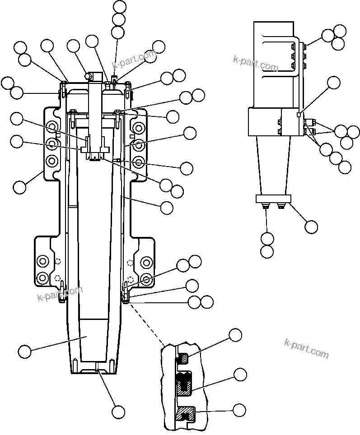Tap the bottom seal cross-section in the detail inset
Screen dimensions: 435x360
pyautogui.click(x=186, y=413)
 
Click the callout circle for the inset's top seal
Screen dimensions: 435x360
pyautogui.click(x=235, y=335)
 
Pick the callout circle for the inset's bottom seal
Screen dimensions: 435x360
pyautogui.click(x=239, y=410)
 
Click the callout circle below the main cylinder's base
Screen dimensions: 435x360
pyautogui.click(x=118, y=411)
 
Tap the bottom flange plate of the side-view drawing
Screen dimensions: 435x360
pyautogui.click(x=274, y=199)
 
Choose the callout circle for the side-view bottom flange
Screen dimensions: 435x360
pyautogui.click(x=311, y=227)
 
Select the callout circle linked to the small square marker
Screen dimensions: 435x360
pyautogui.click(x=334, y=82)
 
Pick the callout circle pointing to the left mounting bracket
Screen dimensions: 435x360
pyautogui.click(x=20, y=187)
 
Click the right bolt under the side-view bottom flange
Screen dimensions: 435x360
pyautogui.click(x=281, y=207)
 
